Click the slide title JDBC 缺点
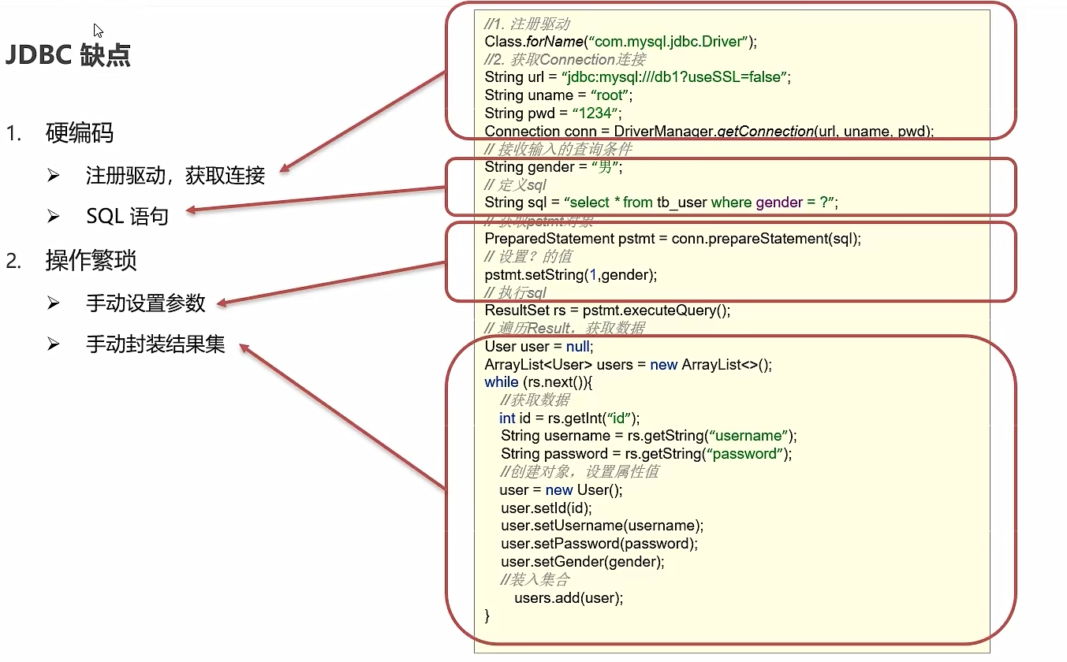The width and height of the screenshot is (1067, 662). pos(69,55)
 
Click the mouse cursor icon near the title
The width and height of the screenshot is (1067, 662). pos(99,31)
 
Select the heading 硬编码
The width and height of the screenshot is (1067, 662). pos(80,133)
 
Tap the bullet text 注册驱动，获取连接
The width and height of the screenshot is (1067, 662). pos(175,175)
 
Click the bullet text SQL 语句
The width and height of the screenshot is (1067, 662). pos(127,216)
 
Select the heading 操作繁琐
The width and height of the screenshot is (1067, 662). pos(91,261)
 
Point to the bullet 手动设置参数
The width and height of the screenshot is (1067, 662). pos(146,303)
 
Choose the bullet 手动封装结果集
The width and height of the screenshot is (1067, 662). pos(155,344)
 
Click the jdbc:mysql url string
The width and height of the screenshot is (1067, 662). pos(675,77)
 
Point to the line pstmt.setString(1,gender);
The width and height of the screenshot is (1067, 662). pos(571,274)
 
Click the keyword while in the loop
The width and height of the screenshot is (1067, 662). pos(501,382)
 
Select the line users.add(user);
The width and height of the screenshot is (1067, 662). pos(568,597)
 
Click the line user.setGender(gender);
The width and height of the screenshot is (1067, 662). pos(582,562)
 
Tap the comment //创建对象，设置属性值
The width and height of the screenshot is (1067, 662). pos(580,471)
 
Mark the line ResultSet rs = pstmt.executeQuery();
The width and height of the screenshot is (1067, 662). pos(607,311)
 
